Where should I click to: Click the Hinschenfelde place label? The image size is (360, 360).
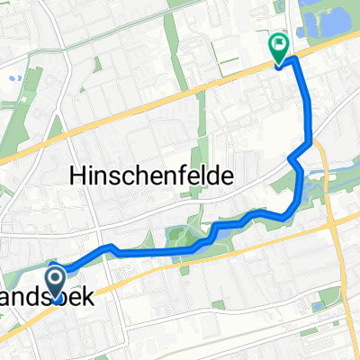150,177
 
